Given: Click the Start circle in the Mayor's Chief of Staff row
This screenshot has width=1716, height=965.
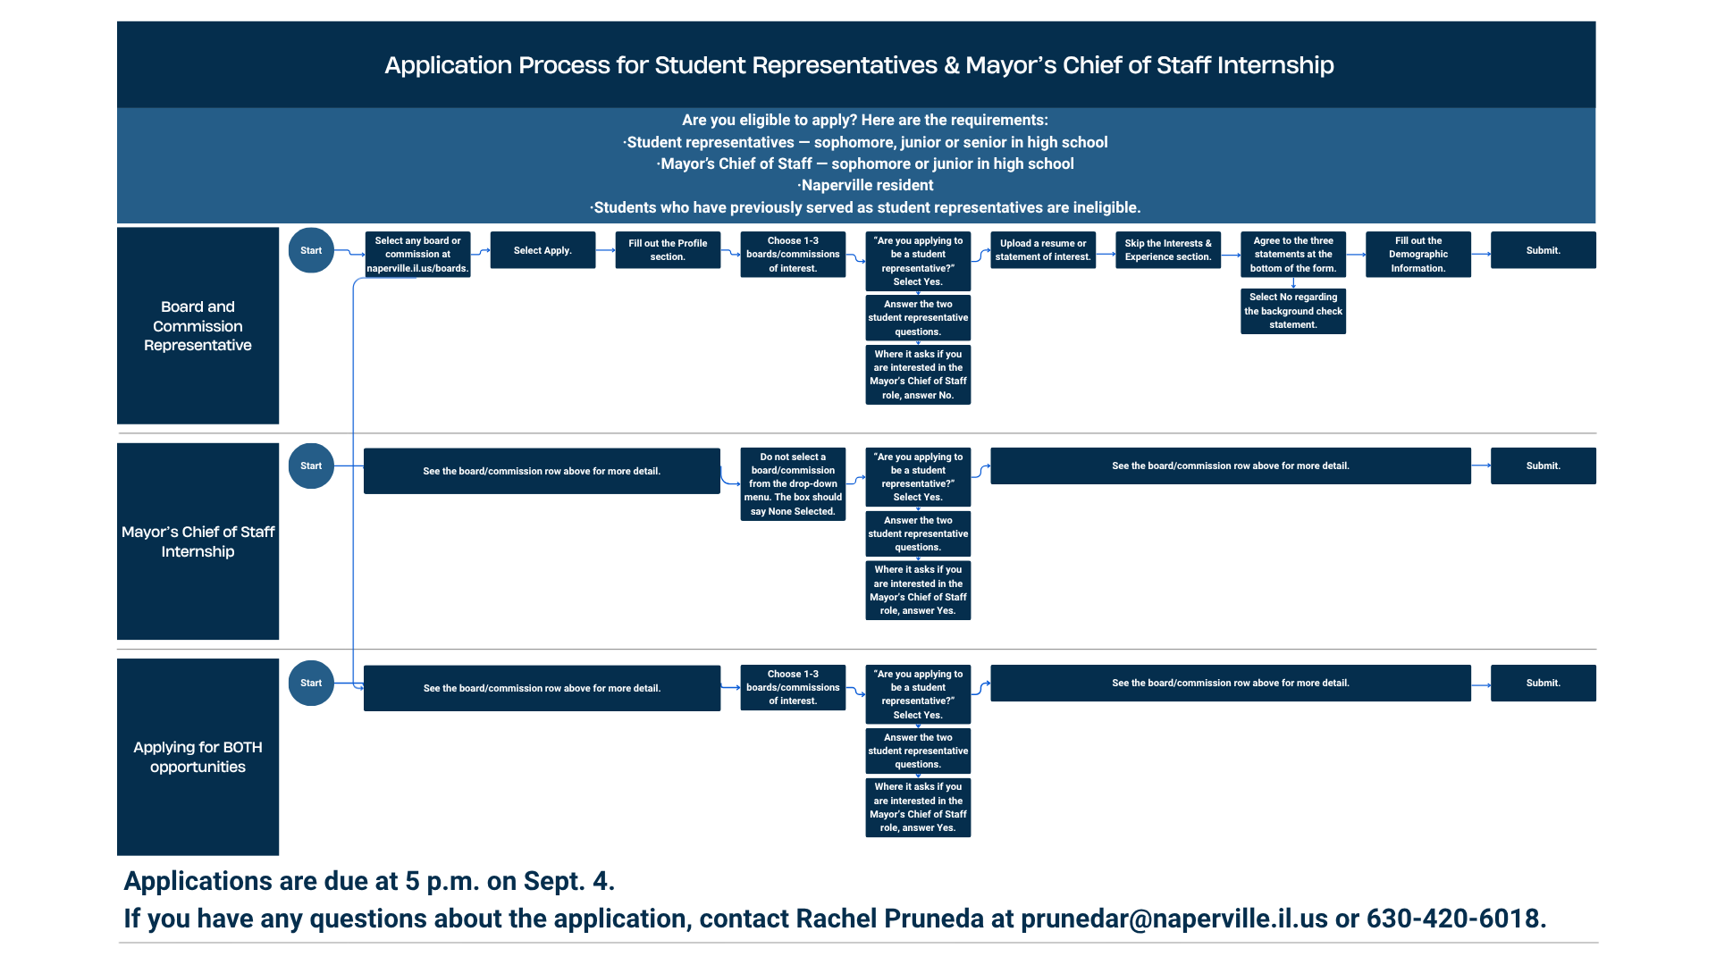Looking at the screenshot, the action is tap(311, 466).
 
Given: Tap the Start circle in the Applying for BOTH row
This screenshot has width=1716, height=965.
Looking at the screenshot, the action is tap(311, 683).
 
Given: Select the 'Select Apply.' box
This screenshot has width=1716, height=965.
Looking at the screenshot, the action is tap(543, 250).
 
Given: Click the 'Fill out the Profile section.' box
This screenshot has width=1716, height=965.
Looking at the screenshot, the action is tap(668, 250).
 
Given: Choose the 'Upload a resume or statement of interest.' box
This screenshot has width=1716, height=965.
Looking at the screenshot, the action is tap(1043, 250).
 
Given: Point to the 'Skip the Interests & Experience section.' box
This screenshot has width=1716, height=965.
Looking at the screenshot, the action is tap(1168, 250).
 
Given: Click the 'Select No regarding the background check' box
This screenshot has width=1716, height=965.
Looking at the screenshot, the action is tap(1293, 311).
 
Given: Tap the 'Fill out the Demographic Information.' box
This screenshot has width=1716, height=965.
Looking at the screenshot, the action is tap(1418, 255).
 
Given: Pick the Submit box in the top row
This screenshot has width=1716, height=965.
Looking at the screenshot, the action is tap(1544, 250).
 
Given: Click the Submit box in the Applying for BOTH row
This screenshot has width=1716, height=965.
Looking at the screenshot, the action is tap(1544, 683).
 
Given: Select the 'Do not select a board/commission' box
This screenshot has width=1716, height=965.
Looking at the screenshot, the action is tap(793, 484).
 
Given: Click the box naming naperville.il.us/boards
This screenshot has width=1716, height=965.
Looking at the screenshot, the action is tap(417, 255).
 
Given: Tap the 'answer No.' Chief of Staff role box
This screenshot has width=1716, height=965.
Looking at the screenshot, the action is tap(918, 374).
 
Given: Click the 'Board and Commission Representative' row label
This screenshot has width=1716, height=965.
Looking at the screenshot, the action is tap(198, 325).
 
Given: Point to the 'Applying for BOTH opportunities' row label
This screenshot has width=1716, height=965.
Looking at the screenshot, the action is tap(198, 757).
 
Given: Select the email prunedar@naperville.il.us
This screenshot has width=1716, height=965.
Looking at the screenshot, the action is tap(1174, 919).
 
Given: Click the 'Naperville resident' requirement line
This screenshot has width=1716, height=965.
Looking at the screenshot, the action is tap(867, 185).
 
